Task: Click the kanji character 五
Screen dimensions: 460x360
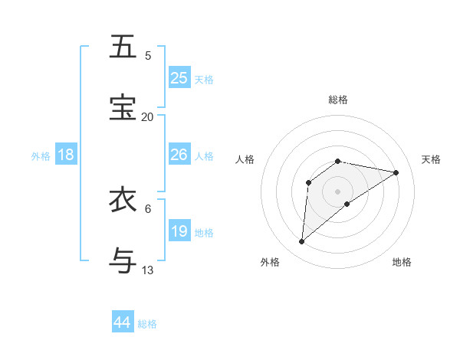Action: (x=123, y=47)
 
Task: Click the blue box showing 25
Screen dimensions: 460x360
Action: (x=179, y=78)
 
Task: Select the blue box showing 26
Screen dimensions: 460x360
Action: (x=179, y=155)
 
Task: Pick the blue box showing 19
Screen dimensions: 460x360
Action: (x=179, y=231)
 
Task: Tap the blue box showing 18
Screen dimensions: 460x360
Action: (x=66, y=155)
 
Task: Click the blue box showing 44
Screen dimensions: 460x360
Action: (x=123, y=322)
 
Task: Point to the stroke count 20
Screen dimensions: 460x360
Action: (x=147, y=116)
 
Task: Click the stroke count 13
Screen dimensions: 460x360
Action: (x=147, y=270)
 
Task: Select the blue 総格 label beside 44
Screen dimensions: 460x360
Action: (x=147, y=324)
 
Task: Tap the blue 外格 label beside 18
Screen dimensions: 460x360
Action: (x=41, y=156)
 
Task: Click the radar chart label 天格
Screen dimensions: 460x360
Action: (x=431, y=159)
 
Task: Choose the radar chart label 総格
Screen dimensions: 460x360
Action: (x=338, y=100)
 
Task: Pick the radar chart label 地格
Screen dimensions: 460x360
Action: (x=402, y=262)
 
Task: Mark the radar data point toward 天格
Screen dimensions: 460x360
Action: (x=396, y=172)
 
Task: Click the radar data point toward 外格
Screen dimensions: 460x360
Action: (x=301, y=242)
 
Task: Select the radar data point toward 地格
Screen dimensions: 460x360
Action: (x=347, y=203)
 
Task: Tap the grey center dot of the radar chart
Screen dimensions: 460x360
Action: (x=338, y=191)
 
